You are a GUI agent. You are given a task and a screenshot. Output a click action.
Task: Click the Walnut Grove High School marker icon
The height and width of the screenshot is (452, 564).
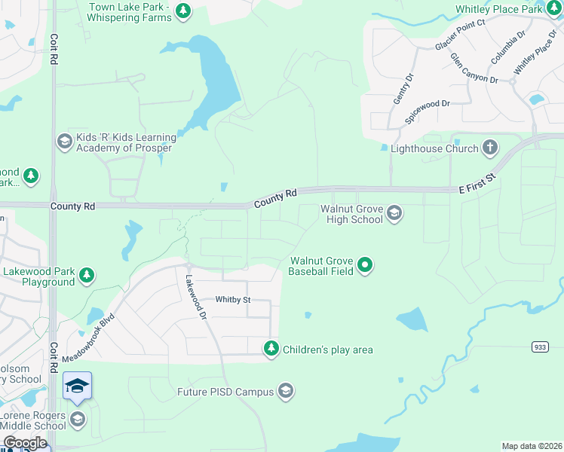pyautogui.click(x=394, y=214)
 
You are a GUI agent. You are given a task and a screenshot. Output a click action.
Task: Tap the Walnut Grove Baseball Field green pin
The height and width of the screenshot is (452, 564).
pyautogui.click(x=365, y=264)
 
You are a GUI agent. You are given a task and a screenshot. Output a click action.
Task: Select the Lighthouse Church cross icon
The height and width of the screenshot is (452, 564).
pyautogui.click(x=490, y=147)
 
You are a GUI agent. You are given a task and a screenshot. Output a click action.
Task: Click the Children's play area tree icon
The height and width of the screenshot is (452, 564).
pyautogui.click(x=271, y=349)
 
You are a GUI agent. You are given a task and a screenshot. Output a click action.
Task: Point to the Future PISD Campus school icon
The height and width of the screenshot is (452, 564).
pyautogui.click(x=285, y=391)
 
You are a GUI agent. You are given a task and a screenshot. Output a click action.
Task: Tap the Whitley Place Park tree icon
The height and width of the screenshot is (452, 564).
pyautogui.click(x=554, y=10)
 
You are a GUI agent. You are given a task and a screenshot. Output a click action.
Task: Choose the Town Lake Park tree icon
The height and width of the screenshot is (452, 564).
pyautogui.click(x=182, y=11)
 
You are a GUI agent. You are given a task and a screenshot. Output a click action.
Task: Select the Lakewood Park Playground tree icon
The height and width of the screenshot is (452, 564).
pyautogui.click(x=87, y=276)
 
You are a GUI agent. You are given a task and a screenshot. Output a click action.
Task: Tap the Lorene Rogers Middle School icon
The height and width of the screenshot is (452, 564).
pyautogui.click(x=77, y=420)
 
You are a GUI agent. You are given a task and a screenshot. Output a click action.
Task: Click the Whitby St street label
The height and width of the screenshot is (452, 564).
pyautogui.click(x=232, y=300)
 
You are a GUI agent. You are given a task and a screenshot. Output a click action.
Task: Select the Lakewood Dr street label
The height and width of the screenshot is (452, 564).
pyautogui.click(x=195, y=295)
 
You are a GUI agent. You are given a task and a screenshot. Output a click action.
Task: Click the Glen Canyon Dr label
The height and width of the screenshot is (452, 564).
pyautogui.click(x=474, y=69)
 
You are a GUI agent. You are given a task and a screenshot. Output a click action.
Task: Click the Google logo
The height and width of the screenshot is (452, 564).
pyautogui.click(x=25, y=443)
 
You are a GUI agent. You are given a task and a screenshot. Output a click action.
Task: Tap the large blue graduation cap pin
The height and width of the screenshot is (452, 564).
pyautogui.click(x=77, y=386)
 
